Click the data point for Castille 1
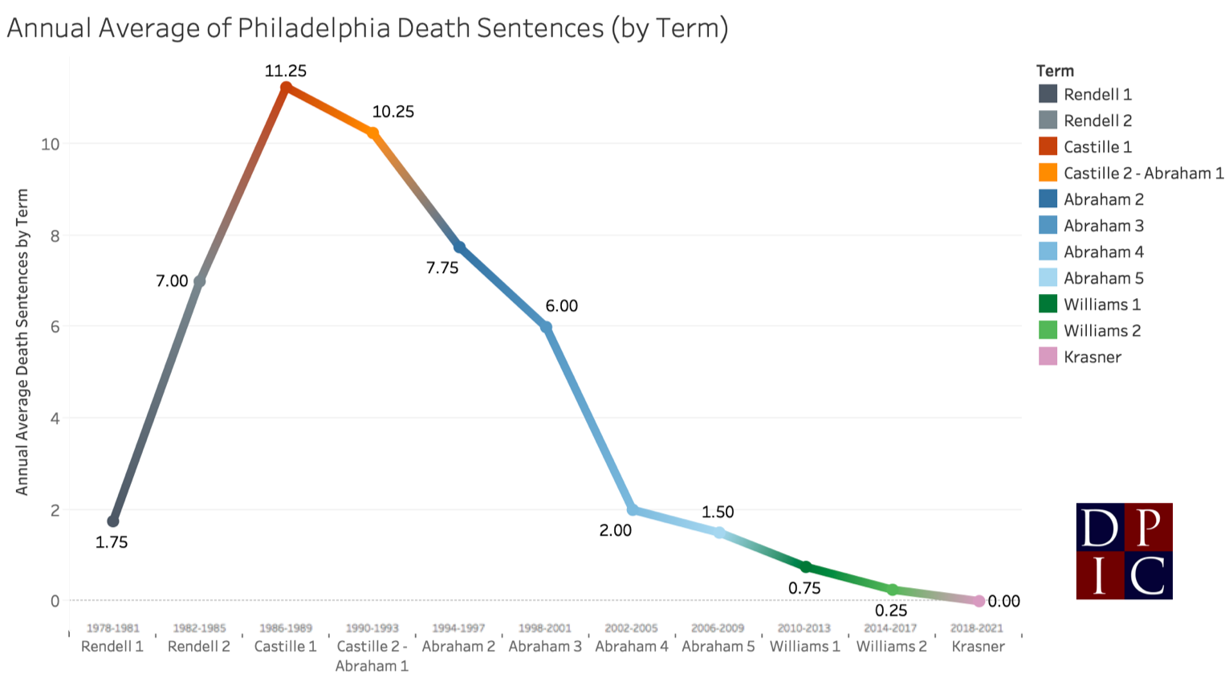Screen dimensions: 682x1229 coord(286,88)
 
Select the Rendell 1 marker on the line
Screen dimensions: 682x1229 coord(113,521)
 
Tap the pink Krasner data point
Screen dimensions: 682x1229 coord(979,601)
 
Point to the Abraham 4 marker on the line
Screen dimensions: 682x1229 coord(633,510)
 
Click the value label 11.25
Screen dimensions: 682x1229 coord(286,71)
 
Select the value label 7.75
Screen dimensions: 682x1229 coord(442,267)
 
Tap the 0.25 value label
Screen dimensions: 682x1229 coord(891,611)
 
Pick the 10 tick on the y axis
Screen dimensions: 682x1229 coord(51,145)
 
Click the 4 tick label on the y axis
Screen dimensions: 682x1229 coord(55,419)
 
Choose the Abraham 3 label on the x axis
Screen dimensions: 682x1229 coord(545,647)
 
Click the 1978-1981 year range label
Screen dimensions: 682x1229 coord(113,628)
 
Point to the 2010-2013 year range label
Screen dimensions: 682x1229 coord(804,628)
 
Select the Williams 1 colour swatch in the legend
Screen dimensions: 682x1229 coord(1048,304)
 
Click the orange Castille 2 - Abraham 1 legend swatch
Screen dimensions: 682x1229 coord(1048,173)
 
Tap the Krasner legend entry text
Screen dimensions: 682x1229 coord(1093,357)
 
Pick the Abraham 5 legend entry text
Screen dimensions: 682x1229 coord(1103,278)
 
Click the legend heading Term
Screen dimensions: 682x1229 coord(1055,71)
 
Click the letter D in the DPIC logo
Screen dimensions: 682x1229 coord(1100,528)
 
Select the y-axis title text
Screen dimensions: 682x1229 coord(22,341)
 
